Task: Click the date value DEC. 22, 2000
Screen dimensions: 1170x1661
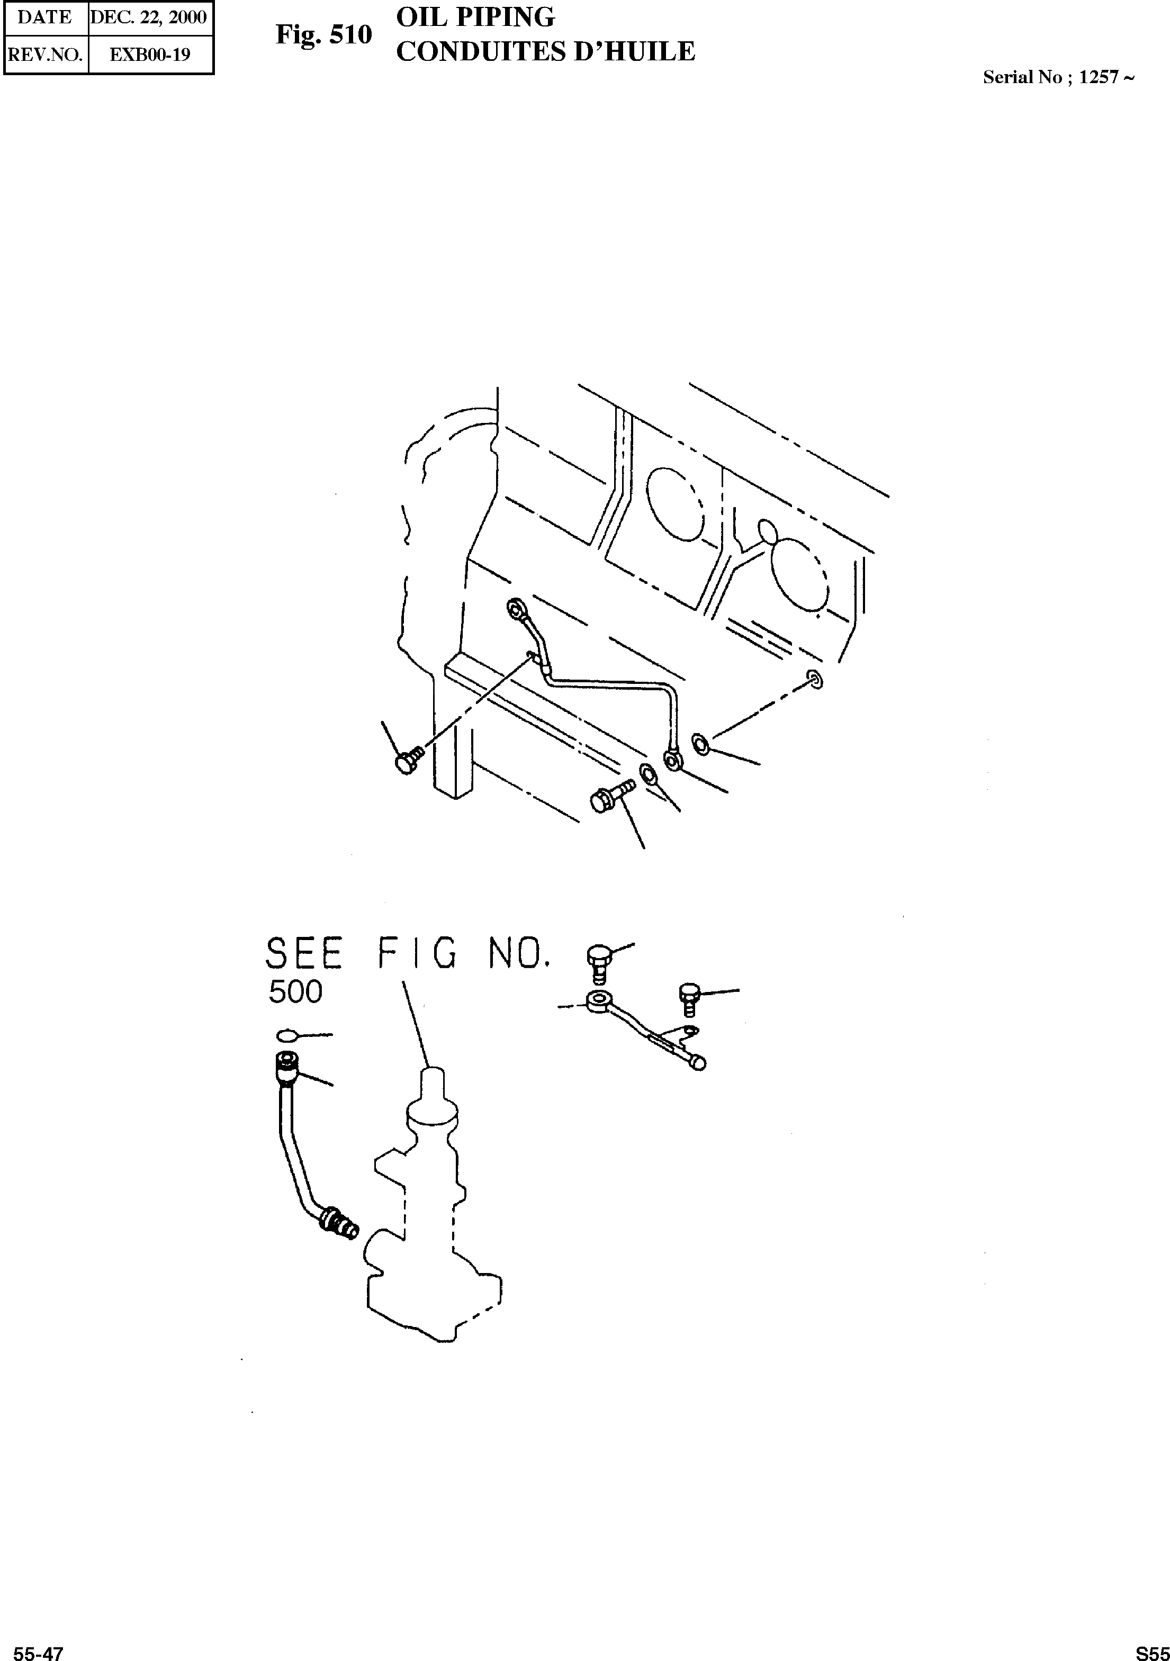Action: click(149, 17)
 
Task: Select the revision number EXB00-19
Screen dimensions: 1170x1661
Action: click(150, 55)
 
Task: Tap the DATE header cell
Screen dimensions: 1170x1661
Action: click(45, 17)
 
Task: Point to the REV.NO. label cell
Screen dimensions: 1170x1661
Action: click(45, 55)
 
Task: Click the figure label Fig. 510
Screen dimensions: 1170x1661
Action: click(323, 35)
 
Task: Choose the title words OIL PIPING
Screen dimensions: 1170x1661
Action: click(475, 16)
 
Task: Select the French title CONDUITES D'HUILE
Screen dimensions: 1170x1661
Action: click(546, 52)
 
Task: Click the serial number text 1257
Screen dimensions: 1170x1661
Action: click(1099, 77)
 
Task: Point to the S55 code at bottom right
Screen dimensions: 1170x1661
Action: click(1151, 1653)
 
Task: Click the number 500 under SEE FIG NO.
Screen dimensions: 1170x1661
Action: click(295, 992)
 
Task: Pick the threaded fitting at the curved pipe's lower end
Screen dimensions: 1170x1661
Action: click(339, 1223)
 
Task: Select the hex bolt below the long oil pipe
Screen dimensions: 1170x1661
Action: click(607, 797)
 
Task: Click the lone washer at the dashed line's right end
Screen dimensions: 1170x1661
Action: click(815, 679)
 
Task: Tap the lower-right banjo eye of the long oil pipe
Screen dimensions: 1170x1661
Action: click(673, 759)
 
